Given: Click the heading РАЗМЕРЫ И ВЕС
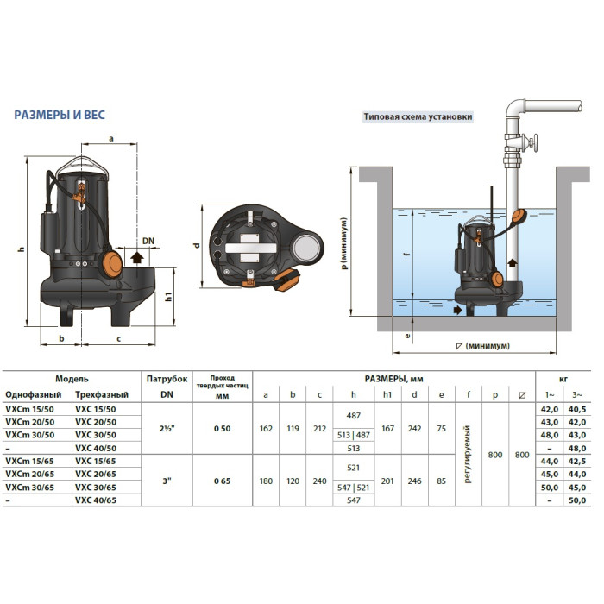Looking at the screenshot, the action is pyautogui.click(x=60, y=115).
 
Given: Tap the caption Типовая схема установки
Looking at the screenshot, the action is pyautogui.click(x=418, y=116).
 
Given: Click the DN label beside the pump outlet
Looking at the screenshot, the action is pyautogui.click(x=148, y=241).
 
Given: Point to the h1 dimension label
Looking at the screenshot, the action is pyautogui.click(x=169, y=296).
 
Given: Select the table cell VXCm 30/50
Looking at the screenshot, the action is pyautogui.click(x=30, y=435).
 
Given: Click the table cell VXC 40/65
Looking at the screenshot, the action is pyautogui.click(x=96, y=500).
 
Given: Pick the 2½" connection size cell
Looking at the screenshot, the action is pyautogui.click(x=167, y=428).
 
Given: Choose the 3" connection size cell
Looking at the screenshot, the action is pyautogui.click(x=167, y=481).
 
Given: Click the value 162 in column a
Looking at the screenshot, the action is pyautogui.click(x=266, y=428).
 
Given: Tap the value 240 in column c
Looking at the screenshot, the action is pyautogui.click(x=320, y=481).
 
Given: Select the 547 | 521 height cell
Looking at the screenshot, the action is pyautogui.click(x=353, y=488).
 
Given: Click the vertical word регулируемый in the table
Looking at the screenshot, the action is pyautogui.click(x=468, y=455).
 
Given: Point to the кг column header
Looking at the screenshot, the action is pyautogui.click(x=563, y=379).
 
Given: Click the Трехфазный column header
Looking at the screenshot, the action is pyautogui.click(x=102, y=395).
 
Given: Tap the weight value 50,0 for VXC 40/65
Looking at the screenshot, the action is pyautogui.click(x=577, y=500).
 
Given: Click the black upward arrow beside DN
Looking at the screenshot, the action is pyautogui.click(x=137, y=257).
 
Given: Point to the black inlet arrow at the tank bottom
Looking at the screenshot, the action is pyautogui.click(x=457, y=309).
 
